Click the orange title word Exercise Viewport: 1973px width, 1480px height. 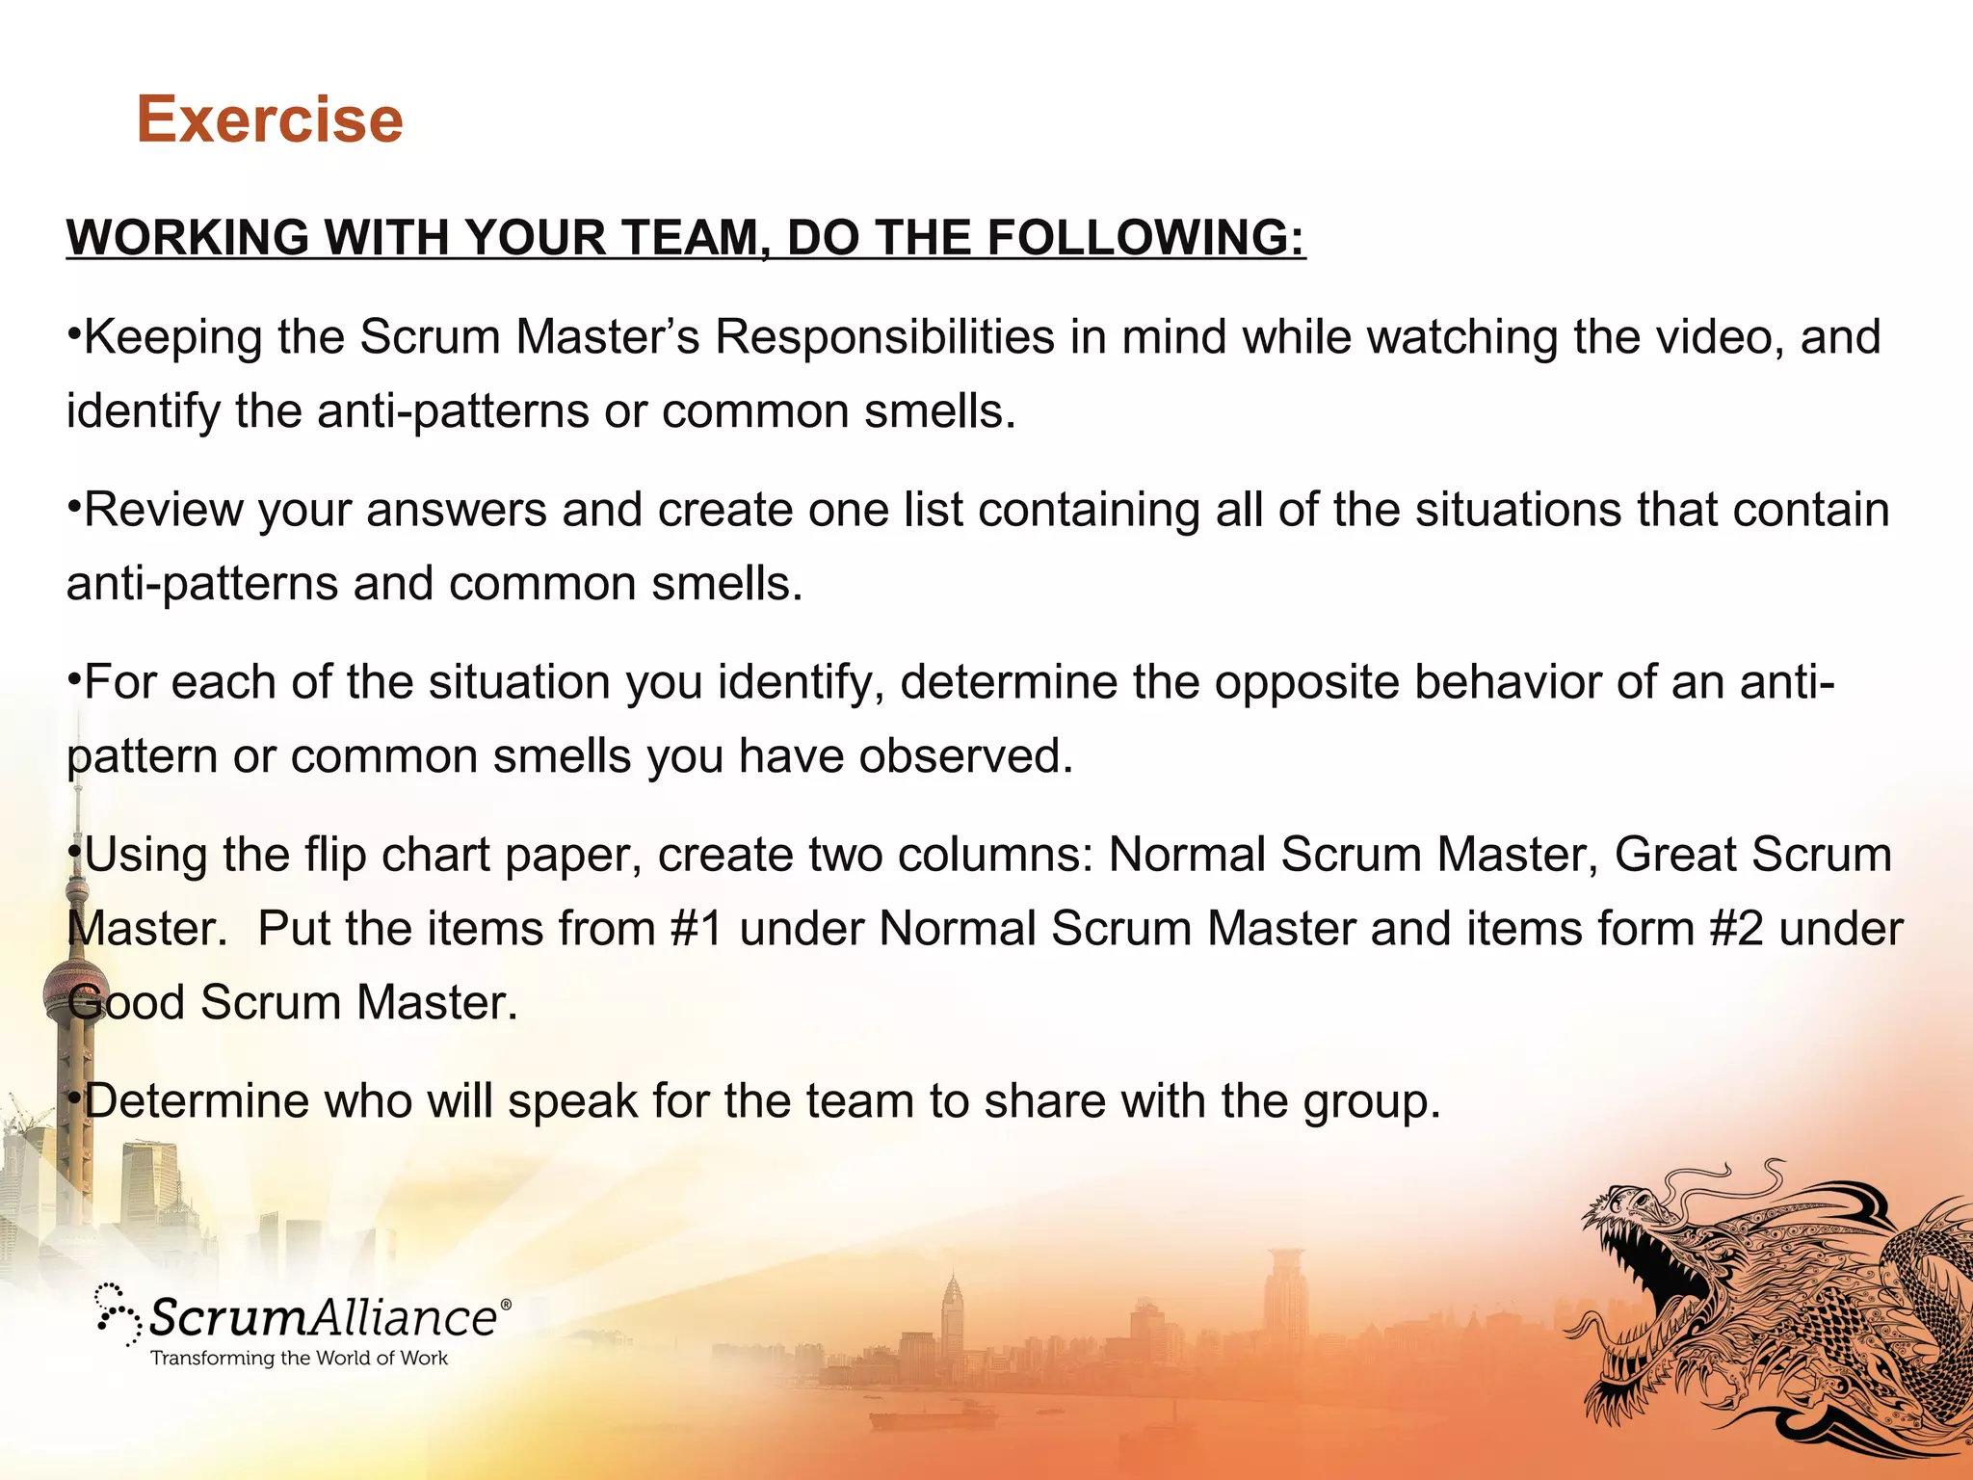[270, 119]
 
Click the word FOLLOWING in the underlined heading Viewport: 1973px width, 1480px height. [1145, 237]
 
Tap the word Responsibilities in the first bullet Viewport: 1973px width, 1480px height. [884, 337]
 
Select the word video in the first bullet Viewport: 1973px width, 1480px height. [1713, 337]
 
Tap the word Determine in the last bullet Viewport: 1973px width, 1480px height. [197, 1101]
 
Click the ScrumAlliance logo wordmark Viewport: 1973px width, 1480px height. [324, 1317]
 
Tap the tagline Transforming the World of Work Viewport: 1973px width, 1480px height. [299, 1359]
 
